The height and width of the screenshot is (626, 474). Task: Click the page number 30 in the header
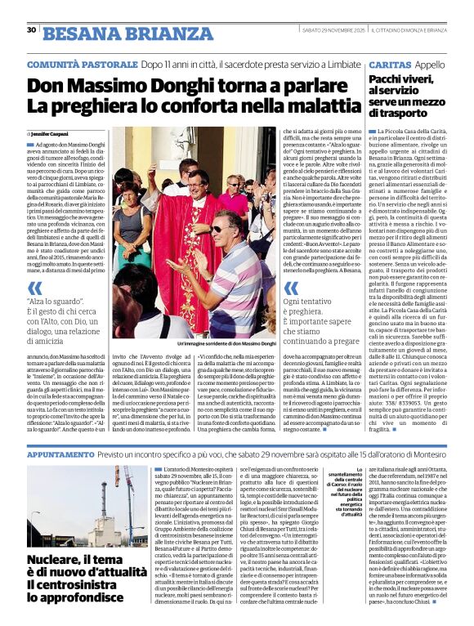click(31, 30)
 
